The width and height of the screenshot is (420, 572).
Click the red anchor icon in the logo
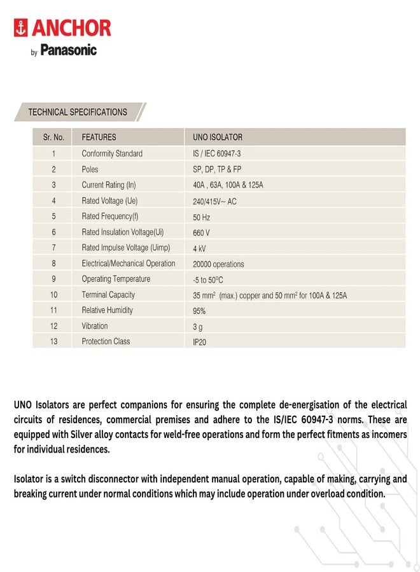[22, 28]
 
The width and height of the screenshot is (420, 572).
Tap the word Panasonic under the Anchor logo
[69, 50]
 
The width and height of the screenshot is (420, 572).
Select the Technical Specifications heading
[78, 112]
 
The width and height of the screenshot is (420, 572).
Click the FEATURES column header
[99, 137]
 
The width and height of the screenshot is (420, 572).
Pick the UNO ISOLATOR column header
[218, 137]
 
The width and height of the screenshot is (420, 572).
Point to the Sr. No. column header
[53, 137]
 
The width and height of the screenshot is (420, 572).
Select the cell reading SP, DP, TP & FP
[217, 170]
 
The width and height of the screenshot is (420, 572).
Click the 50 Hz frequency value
[201, 217]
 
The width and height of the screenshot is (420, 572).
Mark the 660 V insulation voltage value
[201, 233]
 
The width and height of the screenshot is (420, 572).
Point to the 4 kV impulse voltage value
[199, 249]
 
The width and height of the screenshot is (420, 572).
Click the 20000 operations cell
[218, 264]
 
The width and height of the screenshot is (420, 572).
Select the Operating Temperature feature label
[116, 279]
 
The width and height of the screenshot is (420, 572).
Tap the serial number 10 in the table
[53, 295]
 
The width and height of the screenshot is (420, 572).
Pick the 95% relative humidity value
[199, 311]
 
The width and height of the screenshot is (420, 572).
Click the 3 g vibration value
[197, 326]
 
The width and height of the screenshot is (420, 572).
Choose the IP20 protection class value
[199, 342]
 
